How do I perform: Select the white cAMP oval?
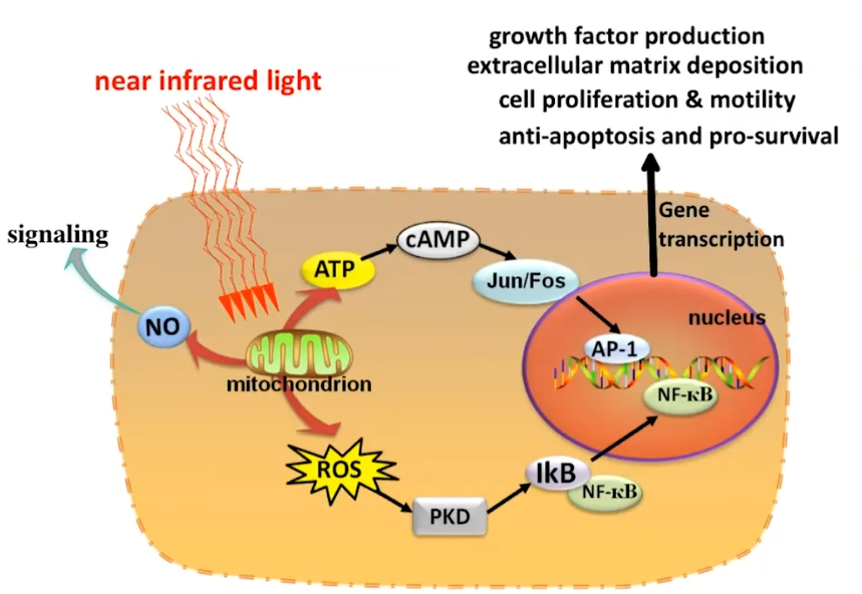[438, 240]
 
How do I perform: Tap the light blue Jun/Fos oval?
[525, 280]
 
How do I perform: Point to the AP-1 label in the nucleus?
[614, 349]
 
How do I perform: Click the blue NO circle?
[163, 327]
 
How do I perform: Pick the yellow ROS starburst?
[339, 470]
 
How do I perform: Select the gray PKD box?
[449, 517]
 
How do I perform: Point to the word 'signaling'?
[58, 235]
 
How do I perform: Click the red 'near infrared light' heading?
[208, 81]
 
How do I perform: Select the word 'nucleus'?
[727, 318]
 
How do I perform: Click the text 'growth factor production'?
[626, 36]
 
